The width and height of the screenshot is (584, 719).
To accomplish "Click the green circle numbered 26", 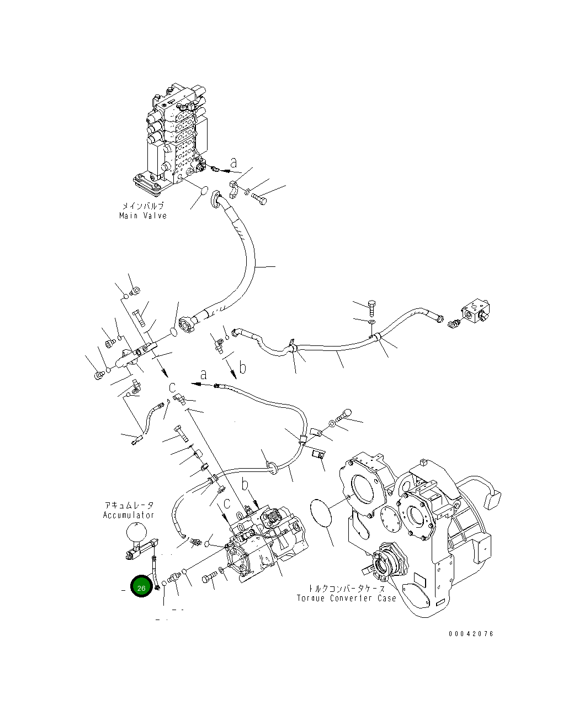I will [x=141, y=587].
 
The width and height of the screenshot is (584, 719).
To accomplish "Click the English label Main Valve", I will [x=143, y=216].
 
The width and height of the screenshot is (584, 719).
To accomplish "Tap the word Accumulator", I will [x=129, y=515].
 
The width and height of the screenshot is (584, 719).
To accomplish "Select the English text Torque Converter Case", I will [x=346, y=599].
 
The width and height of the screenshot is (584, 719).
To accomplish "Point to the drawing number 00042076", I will [x=471, y=634].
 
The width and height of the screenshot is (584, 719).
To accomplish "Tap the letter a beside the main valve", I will [x=234, y=162].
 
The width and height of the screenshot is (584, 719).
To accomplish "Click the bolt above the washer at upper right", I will [x=371, y=305].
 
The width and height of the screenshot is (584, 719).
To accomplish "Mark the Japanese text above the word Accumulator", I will [x=129, y=505].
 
